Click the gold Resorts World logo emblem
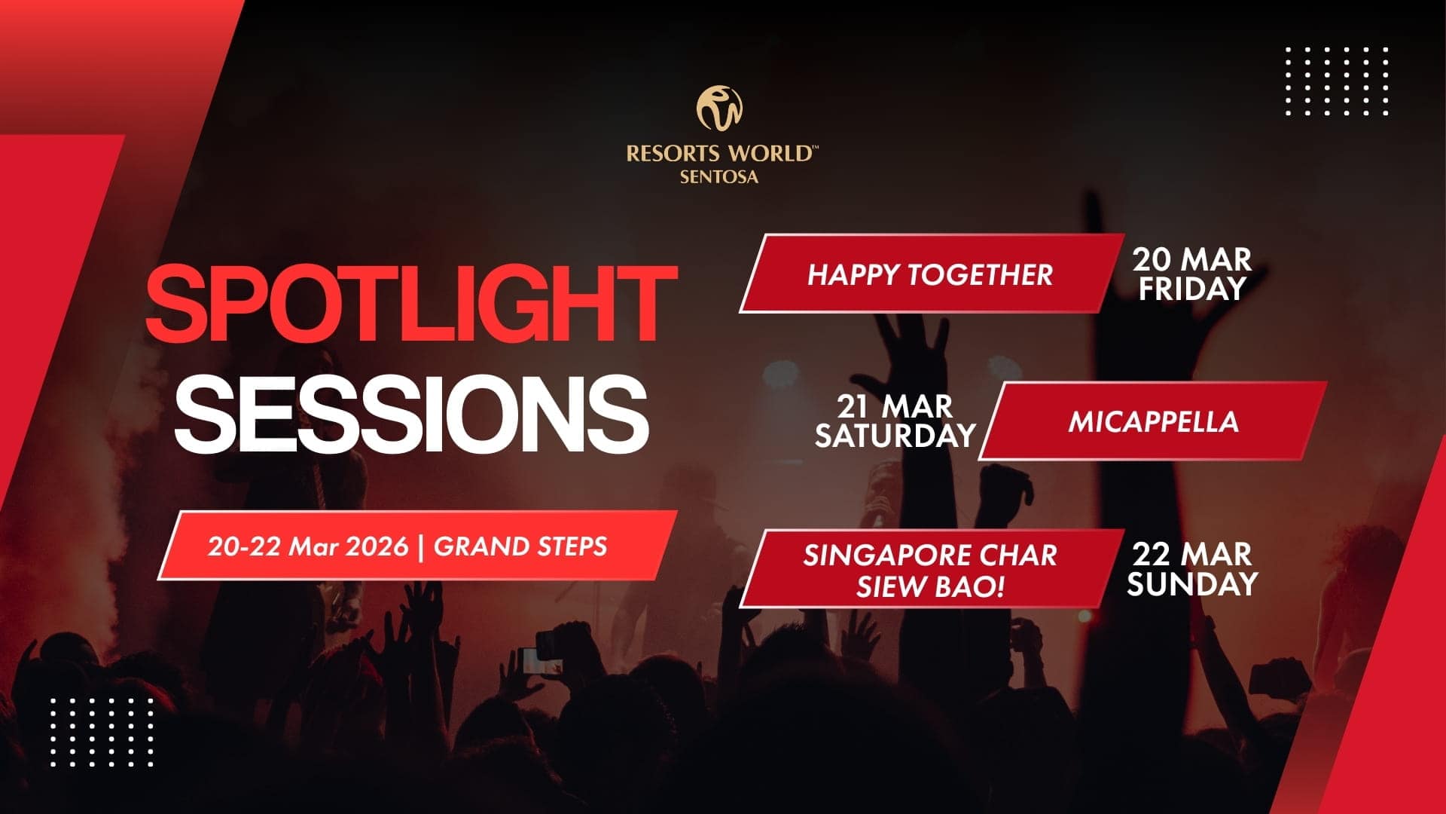719,108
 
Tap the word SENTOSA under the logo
719,178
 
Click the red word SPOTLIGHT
410,304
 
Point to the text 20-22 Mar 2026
308,546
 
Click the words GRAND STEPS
520,546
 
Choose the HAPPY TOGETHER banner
929,274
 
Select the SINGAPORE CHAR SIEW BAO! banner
929,570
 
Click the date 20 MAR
1191,260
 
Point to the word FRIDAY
1191,289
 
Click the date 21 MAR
895,407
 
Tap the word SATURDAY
895,436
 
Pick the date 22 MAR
1191,555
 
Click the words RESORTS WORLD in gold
719,154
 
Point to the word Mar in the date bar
317,546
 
